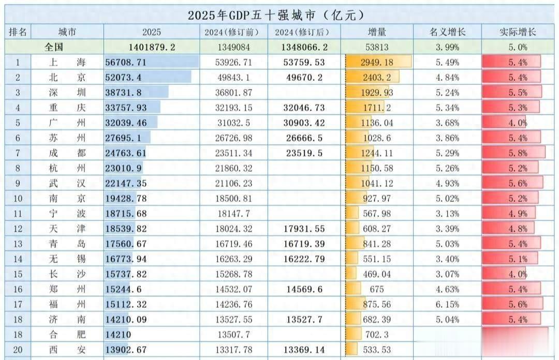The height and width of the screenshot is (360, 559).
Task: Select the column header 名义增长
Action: [448, 32]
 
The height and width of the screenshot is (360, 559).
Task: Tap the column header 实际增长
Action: [518, 32]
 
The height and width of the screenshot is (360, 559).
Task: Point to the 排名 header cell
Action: [18, 32]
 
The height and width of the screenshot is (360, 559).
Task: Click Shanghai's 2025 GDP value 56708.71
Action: [126, 63]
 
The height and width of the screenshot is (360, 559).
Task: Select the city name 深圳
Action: [61, 93]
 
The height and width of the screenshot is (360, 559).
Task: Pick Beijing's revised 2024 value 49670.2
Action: [304, 78]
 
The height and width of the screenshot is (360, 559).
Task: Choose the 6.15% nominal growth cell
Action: [448, 305]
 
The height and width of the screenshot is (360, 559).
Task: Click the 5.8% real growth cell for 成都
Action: [518, 153]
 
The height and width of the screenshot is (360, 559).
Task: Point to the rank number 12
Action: [18, 229]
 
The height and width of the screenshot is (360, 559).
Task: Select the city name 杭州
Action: [61, 169]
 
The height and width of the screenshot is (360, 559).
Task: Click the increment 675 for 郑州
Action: [376, 290]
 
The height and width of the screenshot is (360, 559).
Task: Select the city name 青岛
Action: [61, 244]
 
